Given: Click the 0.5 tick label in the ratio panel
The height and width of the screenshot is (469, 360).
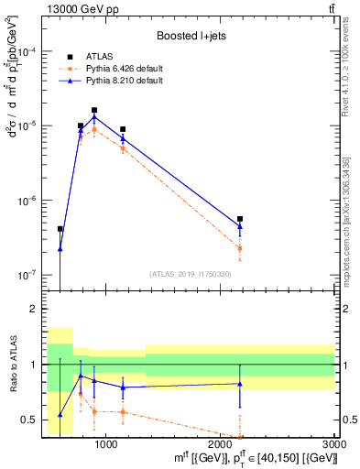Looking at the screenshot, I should tap(34, 420).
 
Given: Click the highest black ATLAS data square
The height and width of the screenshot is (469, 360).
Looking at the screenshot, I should tap(94, 110).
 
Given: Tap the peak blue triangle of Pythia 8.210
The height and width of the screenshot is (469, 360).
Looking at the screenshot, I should tap(94, 116).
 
